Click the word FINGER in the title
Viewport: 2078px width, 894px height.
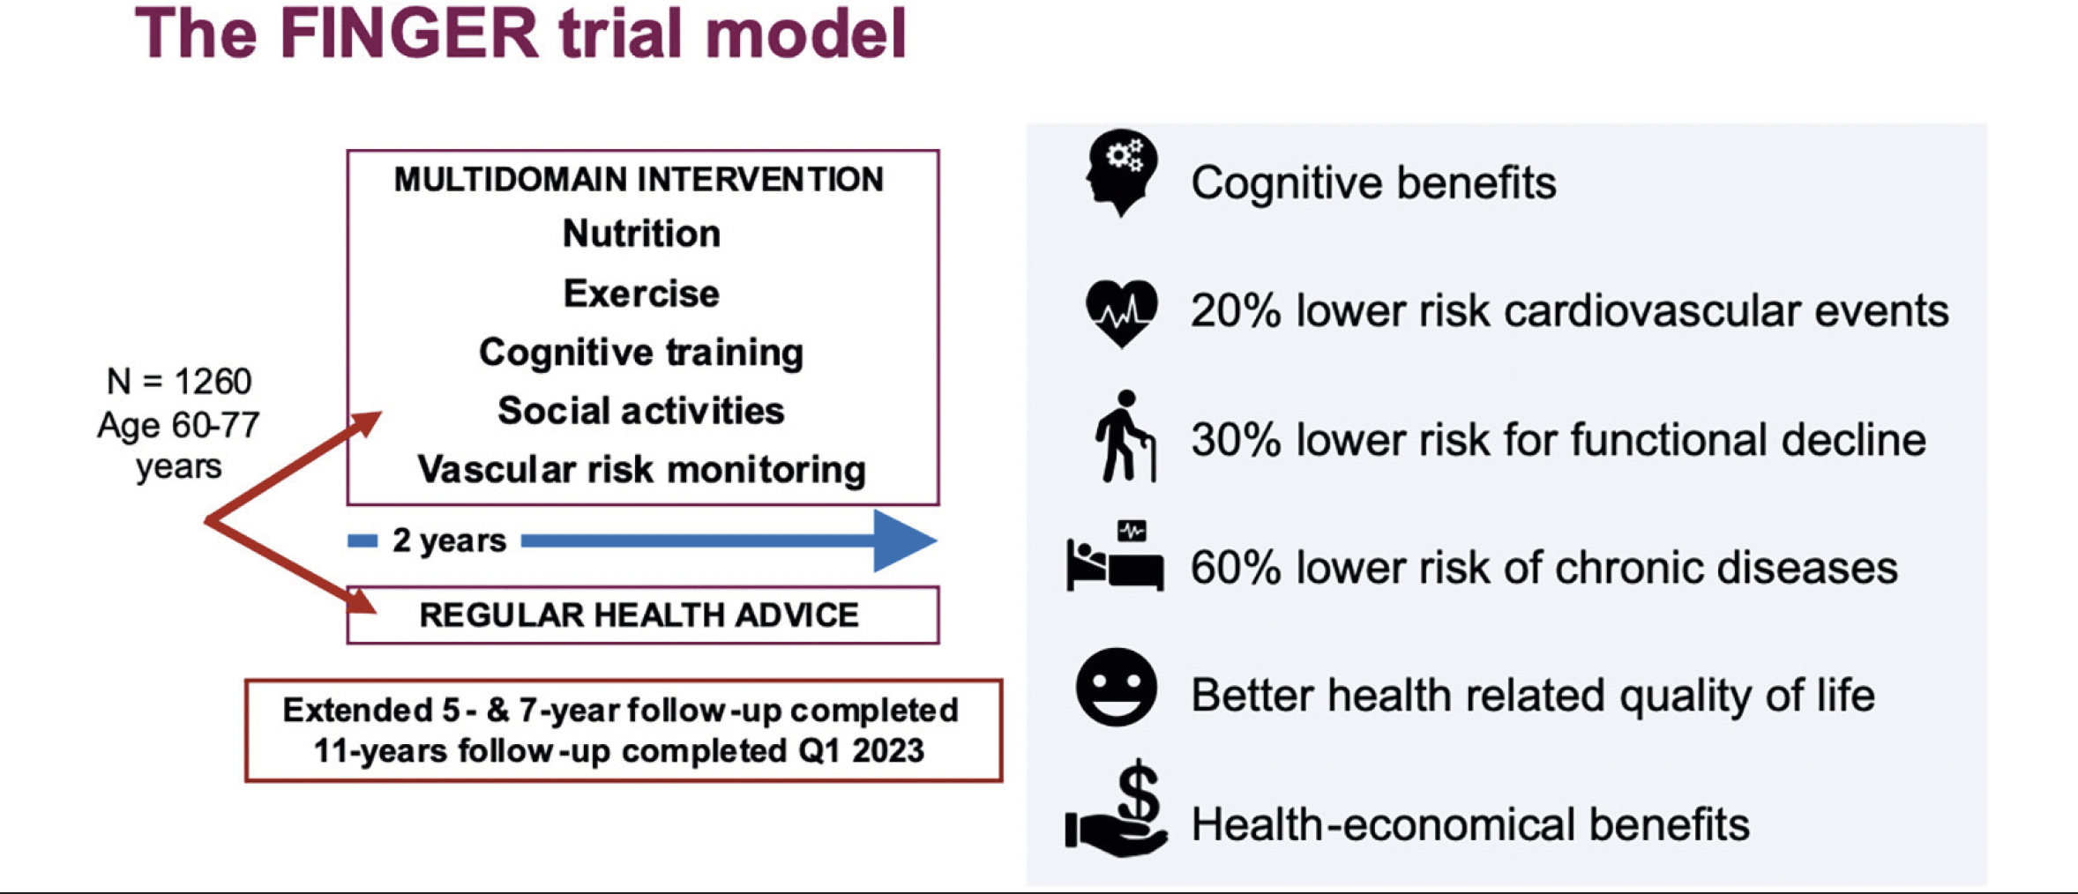[x=408, y=34]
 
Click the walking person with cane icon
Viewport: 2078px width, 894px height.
[x=1125, y=436]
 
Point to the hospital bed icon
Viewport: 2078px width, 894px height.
[x=1115, y=555]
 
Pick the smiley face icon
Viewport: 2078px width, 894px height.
[x=1117, y=687]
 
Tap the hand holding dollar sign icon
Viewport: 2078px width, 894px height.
[x=1117, y=808]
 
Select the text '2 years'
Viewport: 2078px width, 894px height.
[x=450, y=540]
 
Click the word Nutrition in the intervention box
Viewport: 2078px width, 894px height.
[x=641, y=234]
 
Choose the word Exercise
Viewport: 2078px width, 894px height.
[x=641, y=294]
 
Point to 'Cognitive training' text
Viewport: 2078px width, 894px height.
[x=641, y=353]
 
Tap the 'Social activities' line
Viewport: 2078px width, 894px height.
[x=641, y=411]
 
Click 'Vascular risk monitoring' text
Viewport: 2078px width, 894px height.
[x=641, y=470]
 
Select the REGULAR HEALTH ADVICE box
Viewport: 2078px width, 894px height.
[x=643, y=615]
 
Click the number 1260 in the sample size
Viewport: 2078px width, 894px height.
[x=213, y=382]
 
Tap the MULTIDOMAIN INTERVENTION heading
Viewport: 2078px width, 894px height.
[x=639, y=179]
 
